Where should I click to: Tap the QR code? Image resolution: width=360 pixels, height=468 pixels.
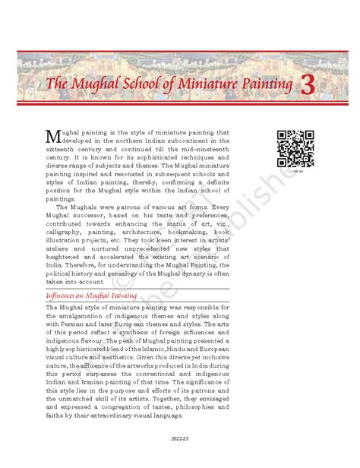pos(295,149)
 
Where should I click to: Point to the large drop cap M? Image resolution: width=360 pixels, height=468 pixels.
pos(53,137)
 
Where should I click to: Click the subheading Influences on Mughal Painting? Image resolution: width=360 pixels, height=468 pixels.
pos(92,295)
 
